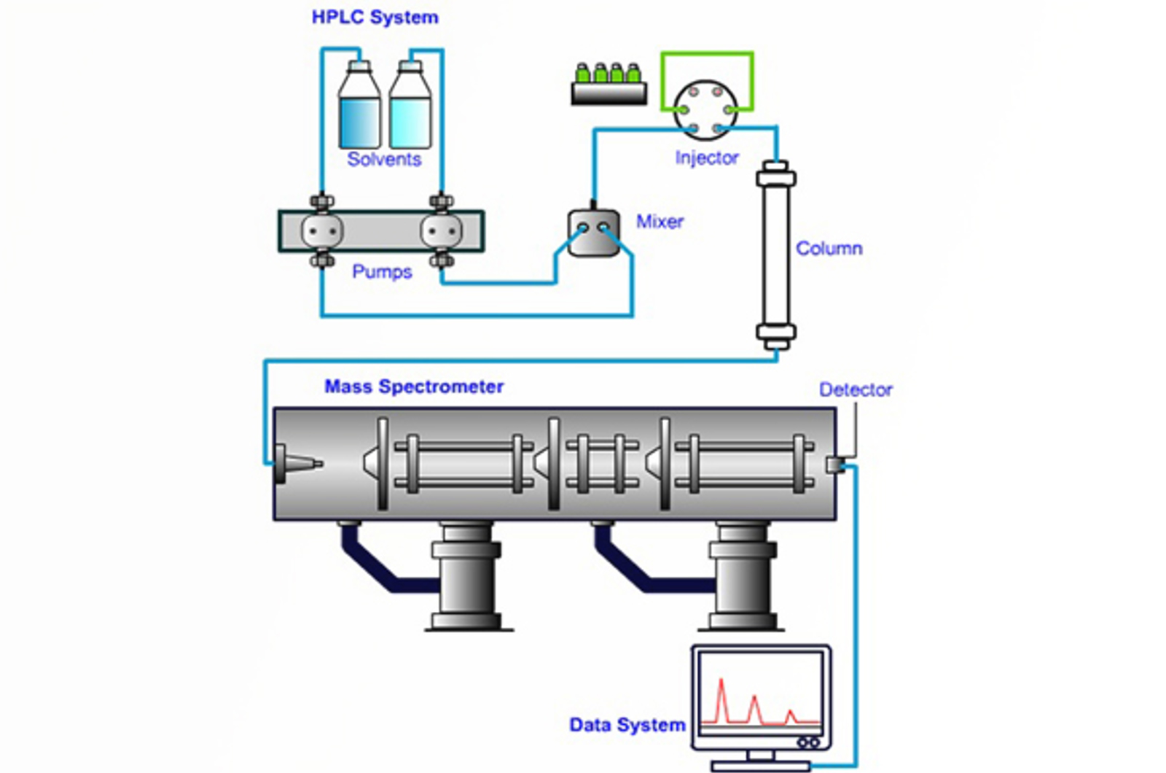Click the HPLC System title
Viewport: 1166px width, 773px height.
375,18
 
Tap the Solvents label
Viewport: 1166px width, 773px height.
384,159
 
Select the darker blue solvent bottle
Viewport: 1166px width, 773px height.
359,109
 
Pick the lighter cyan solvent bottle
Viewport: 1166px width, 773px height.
410,109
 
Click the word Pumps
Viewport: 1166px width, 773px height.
382,271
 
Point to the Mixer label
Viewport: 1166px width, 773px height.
660,222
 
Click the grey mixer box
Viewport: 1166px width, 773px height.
593,233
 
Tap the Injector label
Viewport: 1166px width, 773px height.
706,158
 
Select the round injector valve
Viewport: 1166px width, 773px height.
705,110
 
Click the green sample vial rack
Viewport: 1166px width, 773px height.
609,85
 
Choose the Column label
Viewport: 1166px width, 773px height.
829,249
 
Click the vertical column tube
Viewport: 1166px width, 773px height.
775,255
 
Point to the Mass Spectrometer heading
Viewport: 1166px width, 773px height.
414,386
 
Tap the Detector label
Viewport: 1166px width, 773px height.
855,389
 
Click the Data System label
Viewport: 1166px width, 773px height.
627,725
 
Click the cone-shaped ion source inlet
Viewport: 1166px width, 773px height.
299,465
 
